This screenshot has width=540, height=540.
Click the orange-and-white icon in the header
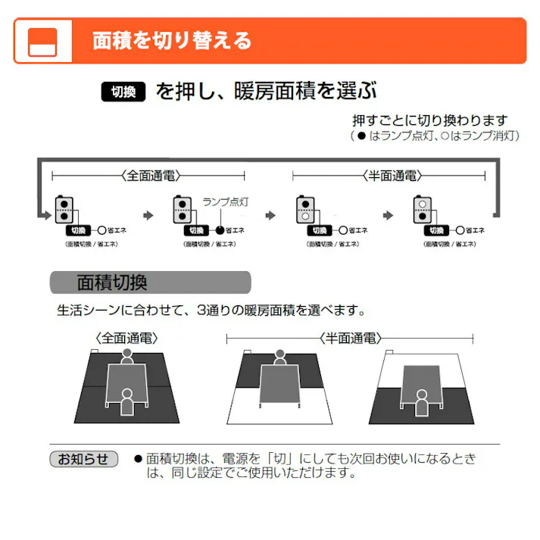42,41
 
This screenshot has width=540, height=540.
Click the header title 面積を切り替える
172,40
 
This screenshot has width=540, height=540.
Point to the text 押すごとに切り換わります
429,120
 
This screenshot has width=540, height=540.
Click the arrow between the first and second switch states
148,216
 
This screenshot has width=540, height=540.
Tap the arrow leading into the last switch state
389,216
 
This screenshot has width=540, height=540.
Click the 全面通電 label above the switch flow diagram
148,176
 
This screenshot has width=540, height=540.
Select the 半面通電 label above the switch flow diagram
389,176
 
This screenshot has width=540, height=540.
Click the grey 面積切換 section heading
150,283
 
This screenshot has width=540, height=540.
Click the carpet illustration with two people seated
127,385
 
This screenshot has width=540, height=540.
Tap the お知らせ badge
84,459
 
